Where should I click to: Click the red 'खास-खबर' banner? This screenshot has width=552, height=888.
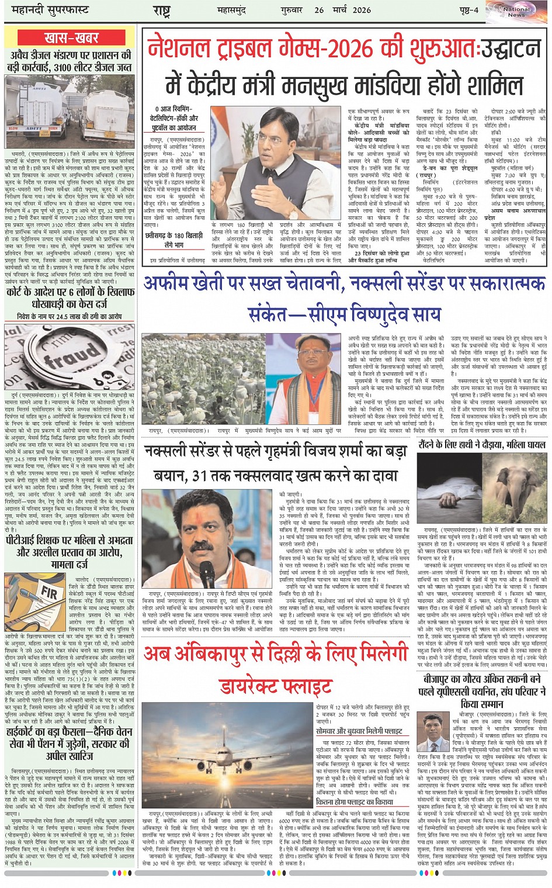(71, 37)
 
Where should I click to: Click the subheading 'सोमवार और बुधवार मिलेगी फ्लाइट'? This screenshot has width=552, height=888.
(359, 731)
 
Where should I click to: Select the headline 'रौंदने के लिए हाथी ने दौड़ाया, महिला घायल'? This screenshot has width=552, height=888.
(482, 444)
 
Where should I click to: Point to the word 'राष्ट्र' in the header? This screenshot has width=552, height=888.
(161, 10)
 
